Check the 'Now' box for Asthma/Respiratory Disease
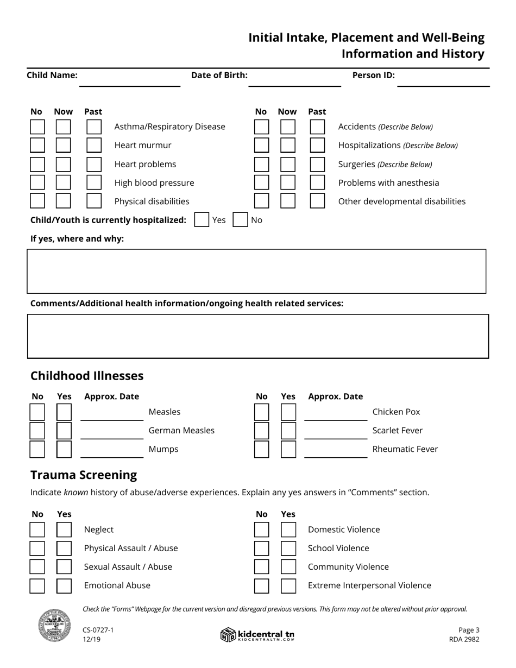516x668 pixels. click(x=63, y=127)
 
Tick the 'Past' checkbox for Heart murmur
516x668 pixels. click(x=94, y=146)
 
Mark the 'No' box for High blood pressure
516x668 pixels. click(x=37, y=183)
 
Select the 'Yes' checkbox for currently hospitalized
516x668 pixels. click(x=202, y=220)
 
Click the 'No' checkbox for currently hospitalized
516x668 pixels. click(x=240, y=220)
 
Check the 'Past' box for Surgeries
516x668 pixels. click(x=317, y=164)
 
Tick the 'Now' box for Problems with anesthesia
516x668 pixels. click(x=288, y=183)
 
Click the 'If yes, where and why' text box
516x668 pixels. click(x=256, y=271)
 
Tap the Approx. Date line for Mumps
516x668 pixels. click(x=112, y=451)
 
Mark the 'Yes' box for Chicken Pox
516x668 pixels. click(x=288, y=412)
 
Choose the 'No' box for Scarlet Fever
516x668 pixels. click(x=261, y=431)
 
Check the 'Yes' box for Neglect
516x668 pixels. click(x=64, y=530)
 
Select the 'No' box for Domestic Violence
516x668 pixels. click(x=261, y=530)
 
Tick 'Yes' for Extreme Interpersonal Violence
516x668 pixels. click(x=288, y=585)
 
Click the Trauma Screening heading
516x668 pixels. click(x=84, y=475)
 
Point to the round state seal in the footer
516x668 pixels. click(x=54, y=626)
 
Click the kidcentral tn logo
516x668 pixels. click(x=257, y=635)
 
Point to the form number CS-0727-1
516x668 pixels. click(x=98, y=630)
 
